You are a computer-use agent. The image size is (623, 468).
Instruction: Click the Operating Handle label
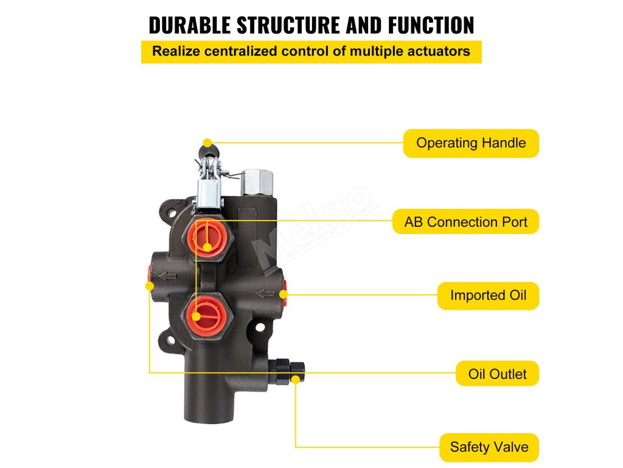pyautogui.click(x=471, y=143)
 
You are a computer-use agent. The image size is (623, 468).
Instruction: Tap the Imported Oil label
pyautogui.click(x=488, y=296)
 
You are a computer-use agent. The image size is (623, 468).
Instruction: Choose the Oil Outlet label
pyautogui.click(x=497, y=374)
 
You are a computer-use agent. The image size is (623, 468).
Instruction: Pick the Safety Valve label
pyautogui.click(x=489, y=447)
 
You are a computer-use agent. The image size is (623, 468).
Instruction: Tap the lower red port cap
pyautogui.click(x=206, y=311)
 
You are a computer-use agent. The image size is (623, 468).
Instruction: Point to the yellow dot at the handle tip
pyautogui.click(x=207, y=143)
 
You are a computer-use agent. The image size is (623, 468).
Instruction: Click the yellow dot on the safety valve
pyautogui.click(x=296, y=379)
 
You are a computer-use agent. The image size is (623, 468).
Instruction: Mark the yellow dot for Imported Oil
pyautogui.click(x=283, y=294)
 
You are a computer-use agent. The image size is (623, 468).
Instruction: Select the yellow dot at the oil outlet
pyautogui.click(x=150, y=285)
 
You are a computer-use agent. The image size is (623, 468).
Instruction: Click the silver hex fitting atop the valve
pyautogui.click(x=257, y=182)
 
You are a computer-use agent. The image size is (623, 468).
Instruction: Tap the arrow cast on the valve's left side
pyautogui.click(x=167, y=278)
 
